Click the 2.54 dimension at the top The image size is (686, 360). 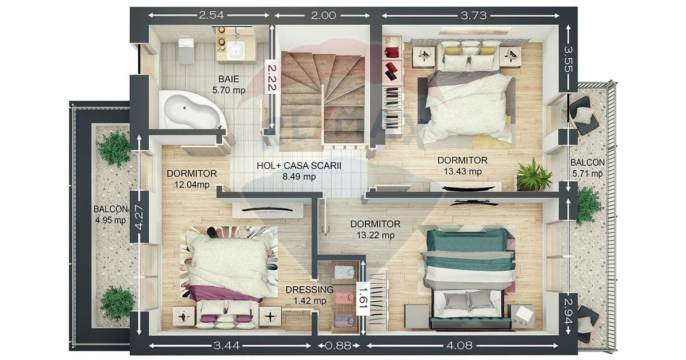211,15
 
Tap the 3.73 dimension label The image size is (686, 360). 474,15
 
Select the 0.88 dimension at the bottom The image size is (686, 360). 338,346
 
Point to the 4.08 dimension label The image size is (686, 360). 460,346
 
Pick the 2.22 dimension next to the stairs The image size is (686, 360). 272,78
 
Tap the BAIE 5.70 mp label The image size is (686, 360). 229,85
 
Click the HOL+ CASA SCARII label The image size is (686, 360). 298,166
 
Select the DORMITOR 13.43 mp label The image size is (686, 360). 462,166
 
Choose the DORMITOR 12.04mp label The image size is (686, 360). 192,179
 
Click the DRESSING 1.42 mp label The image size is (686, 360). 310,295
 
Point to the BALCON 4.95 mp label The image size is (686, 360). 110,215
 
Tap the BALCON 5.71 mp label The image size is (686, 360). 588,168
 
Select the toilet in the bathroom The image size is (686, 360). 186,50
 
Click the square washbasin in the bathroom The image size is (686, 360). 236,50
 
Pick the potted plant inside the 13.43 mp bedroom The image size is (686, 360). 534,175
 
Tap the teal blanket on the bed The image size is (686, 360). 467,251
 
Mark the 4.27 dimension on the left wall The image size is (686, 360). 139,217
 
